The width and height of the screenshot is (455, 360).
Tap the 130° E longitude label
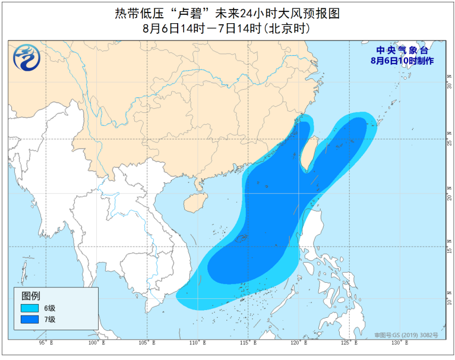tap(398, 343)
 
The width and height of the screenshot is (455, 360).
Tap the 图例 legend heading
tap(30, 295)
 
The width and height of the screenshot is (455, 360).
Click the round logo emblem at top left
tap(26, 58)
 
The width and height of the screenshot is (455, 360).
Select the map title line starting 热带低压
tap(228, 13)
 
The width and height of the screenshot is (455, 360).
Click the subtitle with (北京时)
tap(227, 27)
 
